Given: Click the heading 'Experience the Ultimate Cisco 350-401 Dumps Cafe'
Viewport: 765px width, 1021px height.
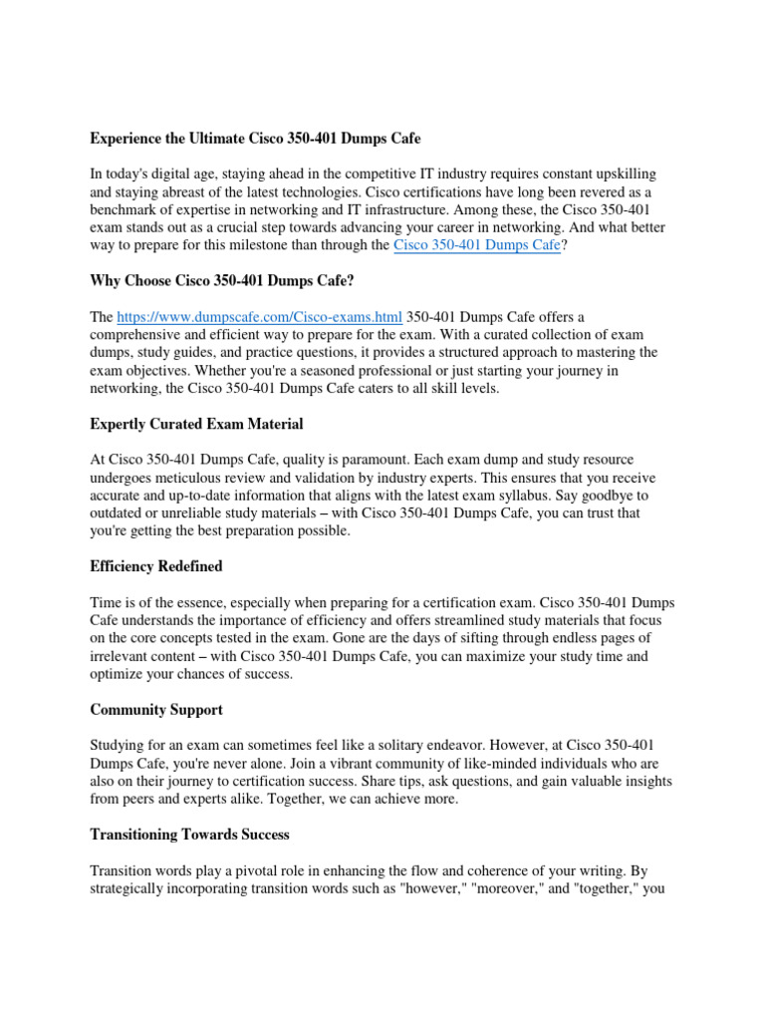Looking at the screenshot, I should click(x=255, y=139).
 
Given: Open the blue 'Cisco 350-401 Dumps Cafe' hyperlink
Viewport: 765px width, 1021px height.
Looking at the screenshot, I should click(x=477, y=245).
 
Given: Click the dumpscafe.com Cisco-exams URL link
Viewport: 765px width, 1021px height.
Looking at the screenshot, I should click(x=260, y=317).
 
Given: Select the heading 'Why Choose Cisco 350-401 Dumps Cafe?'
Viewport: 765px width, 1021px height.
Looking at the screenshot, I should click(x=222, y=281).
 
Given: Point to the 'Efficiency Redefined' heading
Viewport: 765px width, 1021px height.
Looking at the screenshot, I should click(x=156, y=566).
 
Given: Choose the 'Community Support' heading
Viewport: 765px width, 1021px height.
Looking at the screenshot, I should click(x=156, y=710).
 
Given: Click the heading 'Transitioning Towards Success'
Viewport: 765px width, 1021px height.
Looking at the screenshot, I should click(x=190, y=834).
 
